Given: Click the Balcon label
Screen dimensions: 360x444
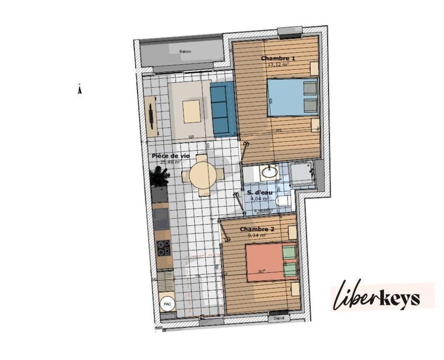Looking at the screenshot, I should point(185,52).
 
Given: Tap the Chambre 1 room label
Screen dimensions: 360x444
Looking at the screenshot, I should point(278,58).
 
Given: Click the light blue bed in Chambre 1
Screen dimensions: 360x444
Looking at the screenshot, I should point(292,98).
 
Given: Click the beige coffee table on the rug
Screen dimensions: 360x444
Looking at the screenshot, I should point(191,111).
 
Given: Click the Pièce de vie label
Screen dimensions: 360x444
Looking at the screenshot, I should point(171,156).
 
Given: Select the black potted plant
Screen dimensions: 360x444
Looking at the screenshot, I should point(160,178).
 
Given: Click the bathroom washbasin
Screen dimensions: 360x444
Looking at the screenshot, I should point(270,172).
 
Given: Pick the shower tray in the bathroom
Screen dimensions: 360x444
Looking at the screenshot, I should point(302,174).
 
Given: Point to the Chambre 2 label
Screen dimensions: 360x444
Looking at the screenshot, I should point(260,229).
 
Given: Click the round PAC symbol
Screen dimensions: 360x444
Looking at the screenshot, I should point(166,303).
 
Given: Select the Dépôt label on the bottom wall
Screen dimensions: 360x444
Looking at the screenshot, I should point(279,318).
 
